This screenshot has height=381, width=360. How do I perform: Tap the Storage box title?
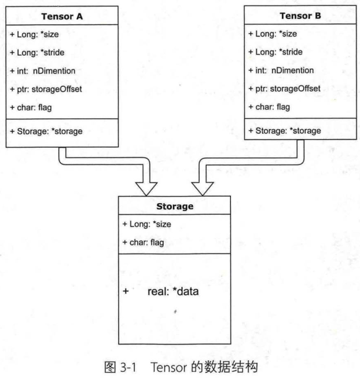point(175,207)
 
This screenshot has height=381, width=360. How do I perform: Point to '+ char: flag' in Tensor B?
point(269,107)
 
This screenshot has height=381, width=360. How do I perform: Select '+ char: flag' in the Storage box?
point(143,241)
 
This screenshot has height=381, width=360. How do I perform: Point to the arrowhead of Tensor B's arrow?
point(204,188)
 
